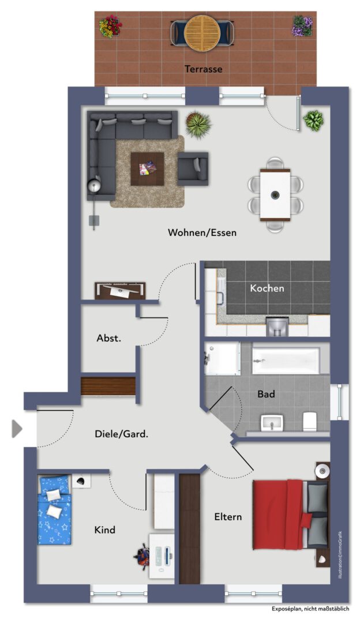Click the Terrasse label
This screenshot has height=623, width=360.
click(x=203, y=69)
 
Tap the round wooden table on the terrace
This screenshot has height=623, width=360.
click(x=203, y=33)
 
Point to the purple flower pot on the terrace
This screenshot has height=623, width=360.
click(x=303, y=26)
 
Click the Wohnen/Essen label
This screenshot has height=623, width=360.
click(x=202, y=232)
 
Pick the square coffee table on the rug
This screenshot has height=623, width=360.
click(x=148, y=169)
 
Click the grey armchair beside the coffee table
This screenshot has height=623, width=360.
click(x=193, y=169)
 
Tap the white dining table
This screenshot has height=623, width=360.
click(x=275, y=195)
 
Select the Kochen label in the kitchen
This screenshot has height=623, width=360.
click(x=267, y=288)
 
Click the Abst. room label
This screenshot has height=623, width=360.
click(x=109, y=339)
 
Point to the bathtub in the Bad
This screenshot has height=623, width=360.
click(x=286, y=361)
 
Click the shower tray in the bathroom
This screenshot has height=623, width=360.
click(x=222, y=358)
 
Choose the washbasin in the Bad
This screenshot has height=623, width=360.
click(x=272, y=423)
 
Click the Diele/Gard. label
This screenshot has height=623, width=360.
click(x=122, y=434)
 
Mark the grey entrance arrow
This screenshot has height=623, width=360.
click(x=17, y=429)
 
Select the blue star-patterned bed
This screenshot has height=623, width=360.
click(x=54, y=510)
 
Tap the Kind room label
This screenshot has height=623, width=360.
click(x=105, y=530)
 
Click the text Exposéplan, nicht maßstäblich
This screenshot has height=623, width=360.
click(x=310, y=609)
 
